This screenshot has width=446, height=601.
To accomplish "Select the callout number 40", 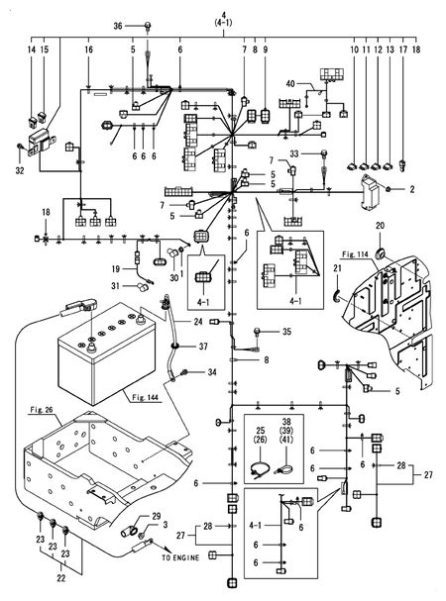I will tap(289, 85).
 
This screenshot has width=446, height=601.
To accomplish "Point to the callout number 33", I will tap(294, 153).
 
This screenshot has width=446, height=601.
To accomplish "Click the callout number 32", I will tap(20, 169).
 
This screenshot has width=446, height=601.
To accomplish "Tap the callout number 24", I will tap(198, 323).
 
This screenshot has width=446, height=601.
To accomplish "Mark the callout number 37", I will tap(202, 347).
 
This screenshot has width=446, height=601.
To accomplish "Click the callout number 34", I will tap(212, 372).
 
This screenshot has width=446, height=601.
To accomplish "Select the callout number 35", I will tap(287, 332).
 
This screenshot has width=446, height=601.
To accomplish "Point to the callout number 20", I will tap(380, 226).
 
